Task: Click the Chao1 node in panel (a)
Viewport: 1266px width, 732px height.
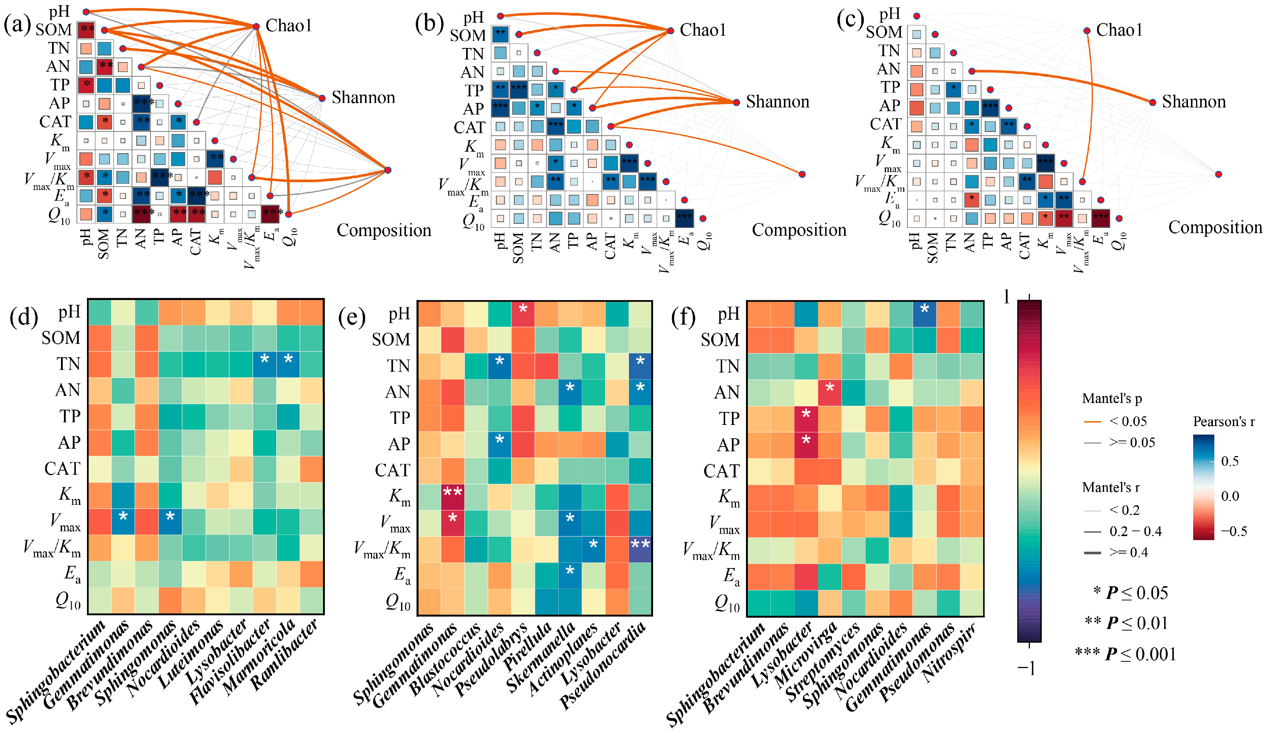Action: click(x=256, y=26)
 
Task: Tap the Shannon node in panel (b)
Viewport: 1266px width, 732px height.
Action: click(x=736, y=103)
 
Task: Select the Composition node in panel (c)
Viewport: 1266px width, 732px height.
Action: click(x=1218, y=174)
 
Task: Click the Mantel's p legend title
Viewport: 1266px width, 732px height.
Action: click(x=1111, y=399)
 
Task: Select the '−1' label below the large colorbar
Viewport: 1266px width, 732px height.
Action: click(x=1026, y=668)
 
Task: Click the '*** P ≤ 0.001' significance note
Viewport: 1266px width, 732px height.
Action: click(x=1125, y=654)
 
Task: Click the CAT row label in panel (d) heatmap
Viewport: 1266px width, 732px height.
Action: click(x=62, y=469)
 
